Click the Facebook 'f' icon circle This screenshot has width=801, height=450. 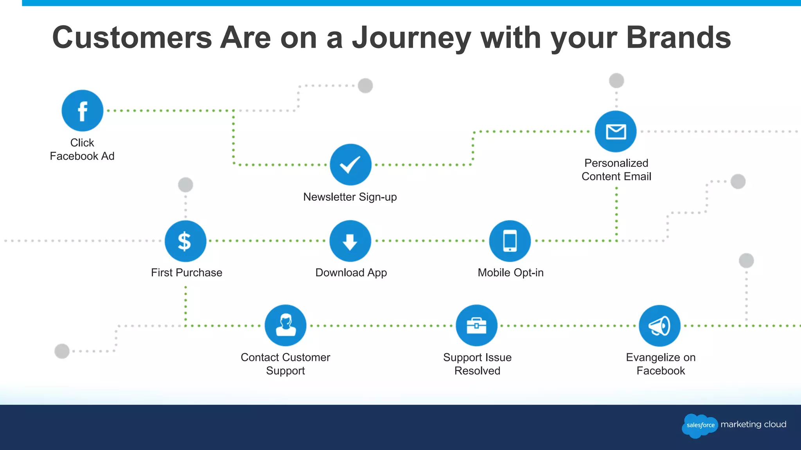point(83,111)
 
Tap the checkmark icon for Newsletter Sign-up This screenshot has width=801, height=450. point(350,164)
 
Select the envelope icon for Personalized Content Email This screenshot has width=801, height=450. point(616,132)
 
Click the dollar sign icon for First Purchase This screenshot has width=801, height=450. point(185,241)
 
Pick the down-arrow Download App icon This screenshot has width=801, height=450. point(350,241)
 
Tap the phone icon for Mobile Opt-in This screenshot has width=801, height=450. point(510,241)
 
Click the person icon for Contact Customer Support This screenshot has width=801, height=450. point(286,325)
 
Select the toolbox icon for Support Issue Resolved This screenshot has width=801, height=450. point(476,325)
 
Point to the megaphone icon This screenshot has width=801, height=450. point(659,325)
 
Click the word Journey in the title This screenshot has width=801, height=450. point(411,38)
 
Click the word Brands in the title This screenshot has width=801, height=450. point(678,38)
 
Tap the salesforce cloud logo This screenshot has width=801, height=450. point(700,425)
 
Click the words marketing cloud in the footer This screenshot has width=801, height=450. point(753,424)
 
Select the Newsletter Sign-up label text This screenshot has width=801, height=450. point(350,197)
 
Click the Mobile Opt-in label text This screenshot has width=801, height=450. point(510,273)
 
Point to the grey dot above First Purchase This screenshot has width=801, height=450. point(185,185)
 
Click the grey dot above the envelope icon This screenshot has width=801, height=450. point(616,81)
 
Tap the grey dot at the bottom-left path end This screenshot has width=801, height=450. point(62,351)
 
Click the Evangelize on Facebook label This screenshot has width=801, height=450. point(661,364)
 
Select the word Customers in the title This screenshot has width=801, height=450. point(132,38)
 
